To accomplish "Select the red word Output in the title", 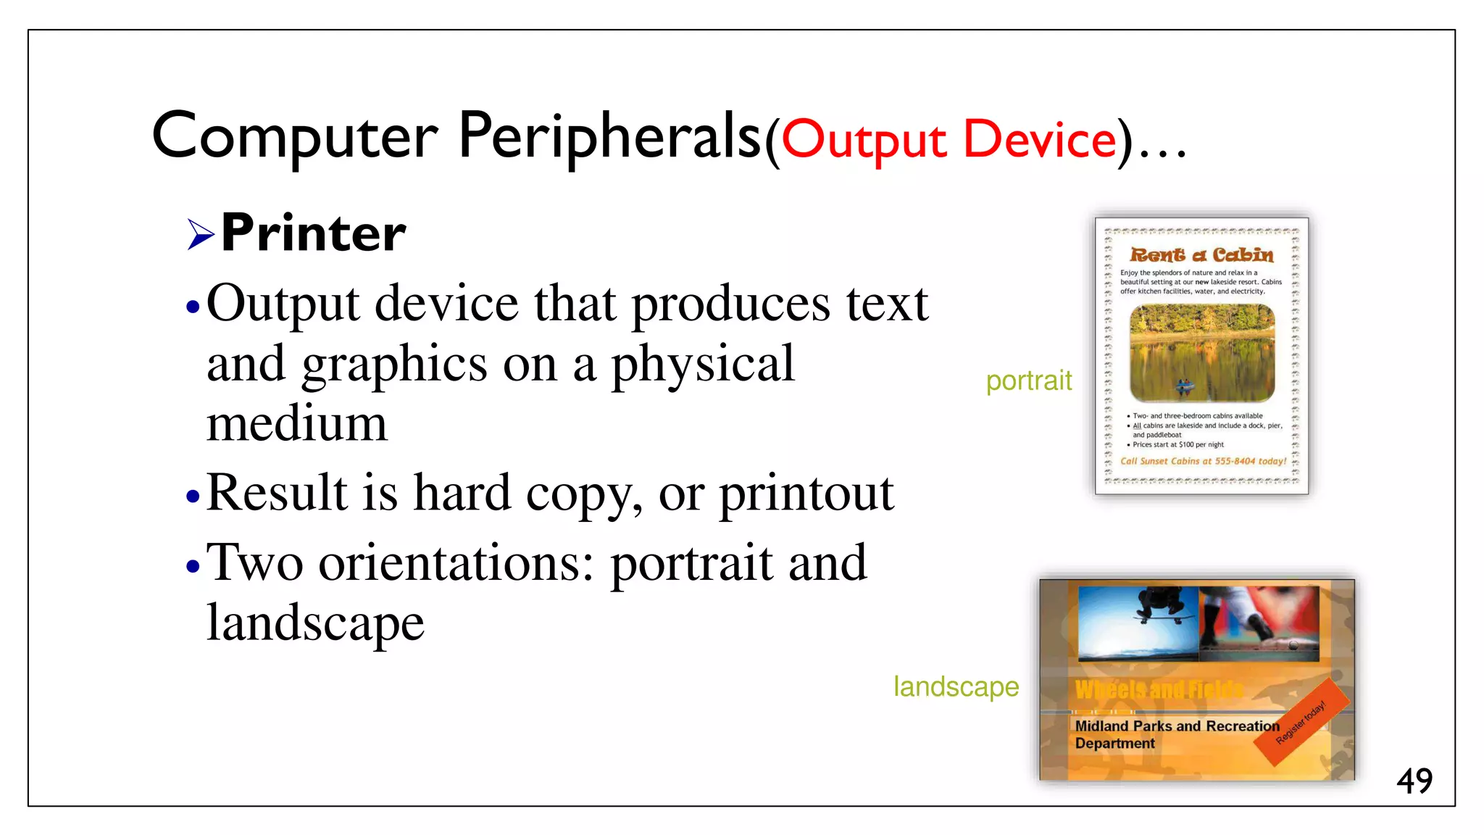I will click(864, 141).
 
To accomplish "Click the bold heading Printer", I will click(313, 233).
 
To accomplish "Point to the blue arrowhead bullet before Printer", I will click(200, 234).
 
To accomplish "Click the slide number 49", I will click(1414, 781).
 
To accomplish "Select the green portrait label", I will click(1028, 381).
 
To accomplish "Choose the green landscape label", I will click(956, 686).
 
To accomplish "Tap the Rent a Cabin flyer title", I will click(1201, 254).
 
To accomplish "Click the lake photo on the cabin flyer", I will click(1201, 353).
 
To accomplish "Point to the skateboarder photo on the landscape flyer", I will click(1138, 623).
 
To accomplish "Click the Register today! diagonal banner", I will click(1301, 722).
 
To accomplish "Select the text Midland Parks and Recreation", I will click(1177, 726).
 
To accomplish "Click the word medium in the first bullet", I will click(296, 424).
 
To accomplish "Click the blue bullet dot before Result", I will click(192, 497).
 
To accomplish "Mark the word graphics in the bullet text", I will click(394, 364).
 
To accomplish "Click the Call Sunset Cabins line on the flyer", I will click(1203, 461).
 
